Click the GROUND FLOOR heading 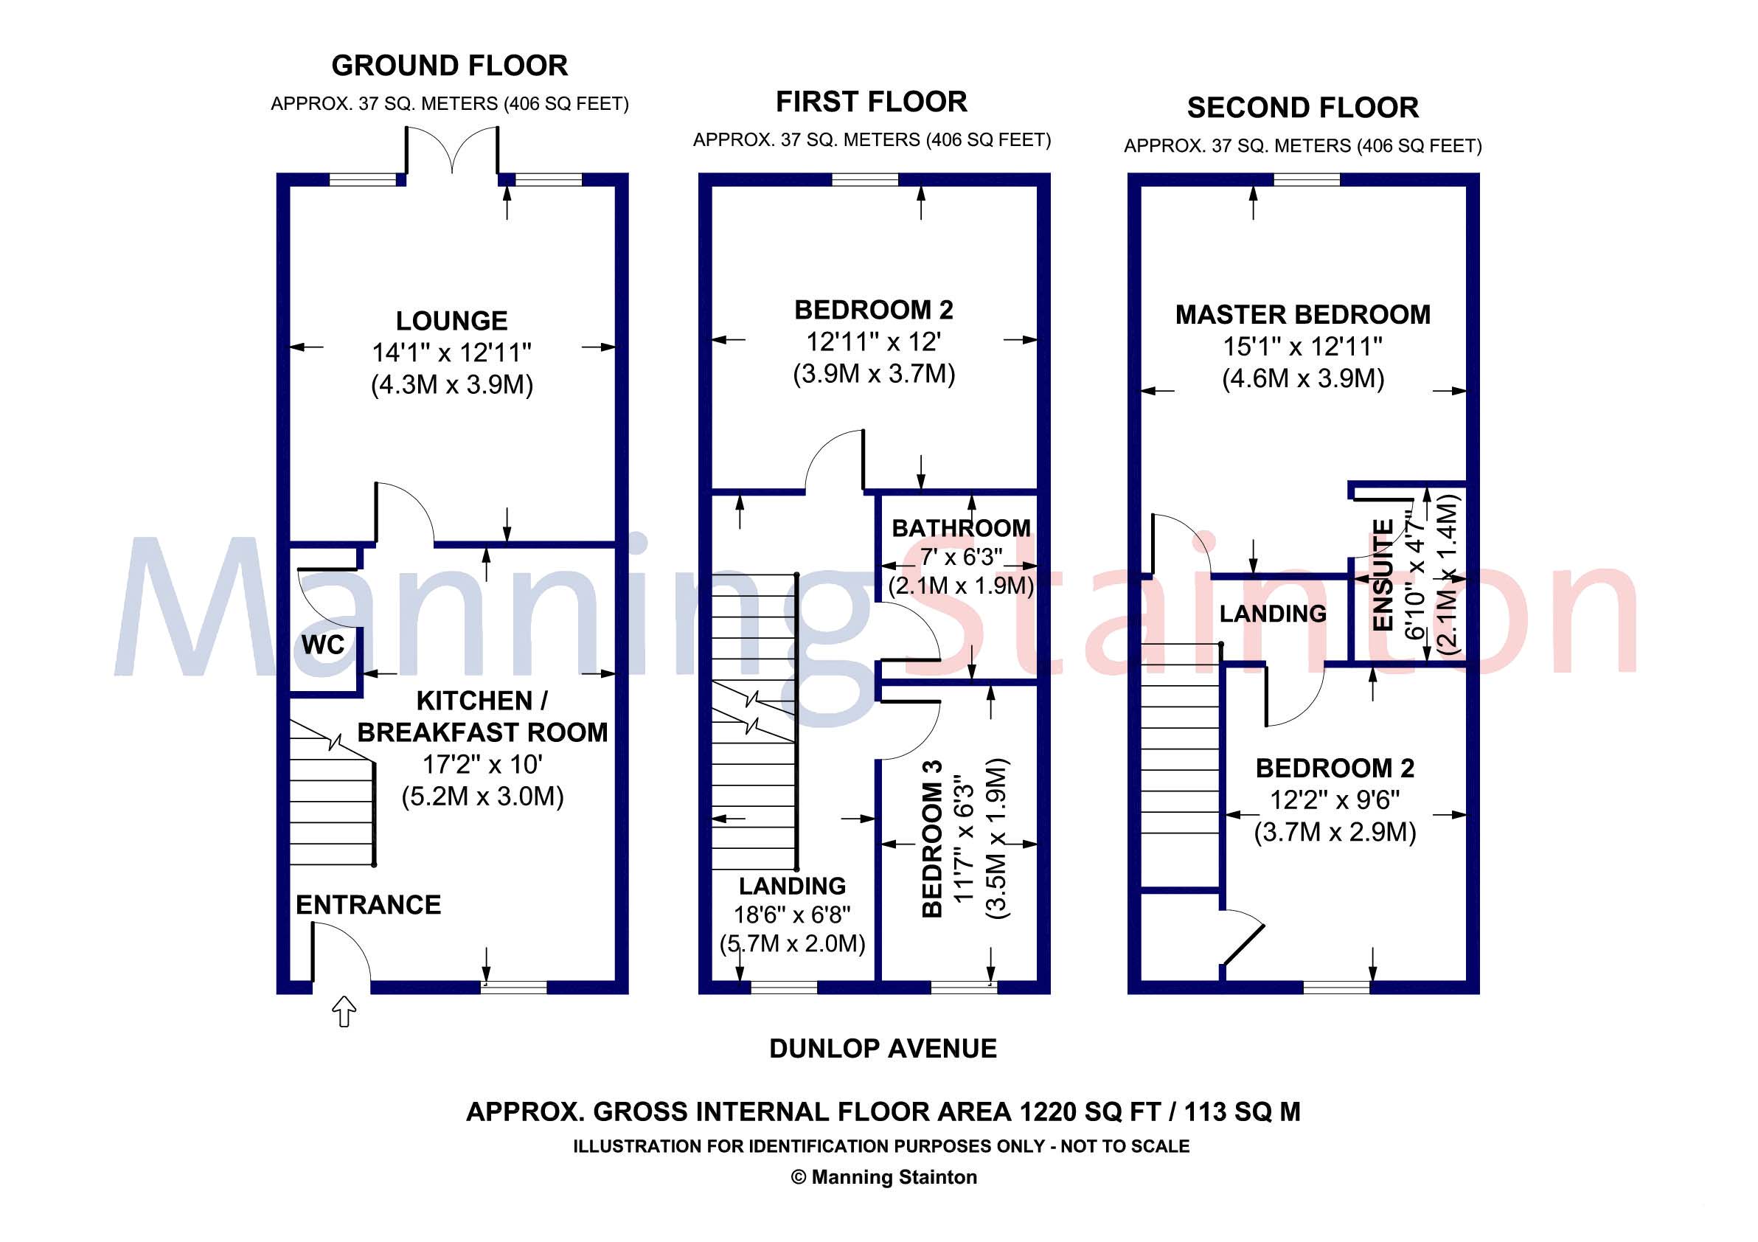point(449,66)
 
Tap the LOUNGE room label point(451,320)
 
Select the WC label point(323,645)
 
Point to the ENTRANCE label point(368,904)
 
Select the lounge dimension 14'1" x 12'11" point(451,353)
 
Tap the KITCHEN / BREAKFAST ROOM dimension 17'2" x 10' point(482,764)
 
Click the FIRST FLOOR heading point(872,102)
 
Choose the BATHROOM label point(961,527)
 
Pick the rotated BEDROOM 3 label point(932,839)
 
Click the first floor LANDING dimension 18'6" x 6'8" point(792,915)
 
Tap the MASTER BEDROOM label point(1302,315)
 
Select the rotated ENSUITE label point(1383,575)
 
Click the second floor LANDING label point(1273,614)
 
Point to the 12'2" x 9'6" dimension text point(1335,799)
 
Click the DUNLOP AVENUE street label point(883,1048)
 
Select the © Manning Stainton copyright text point(883,1177)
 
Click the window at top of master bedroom point(1306,179)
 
